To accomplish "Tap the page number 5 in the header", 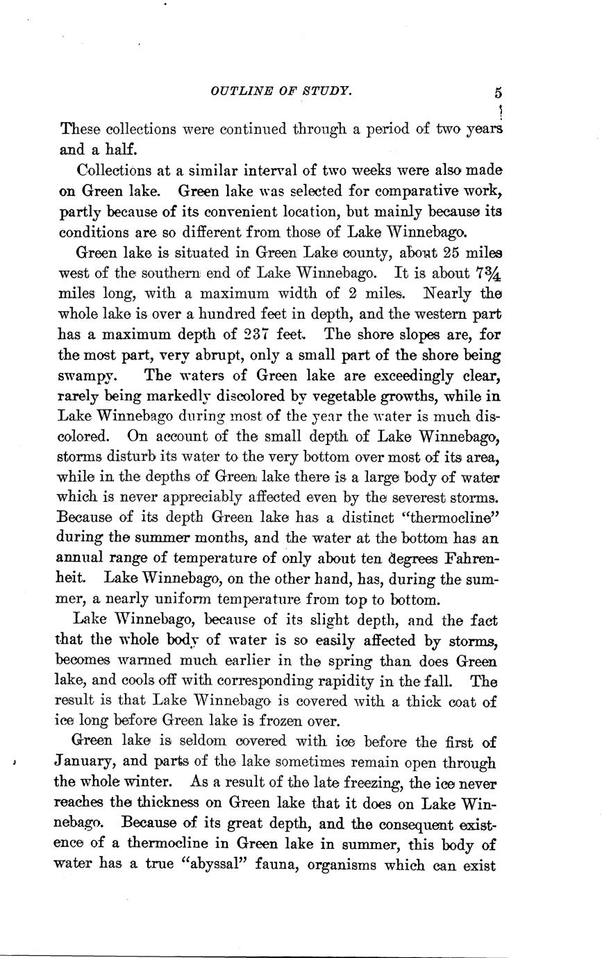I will point(499,92).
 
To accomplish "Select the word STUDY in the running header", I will point(328,90).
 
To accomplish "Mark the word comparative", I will point(411,190).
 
